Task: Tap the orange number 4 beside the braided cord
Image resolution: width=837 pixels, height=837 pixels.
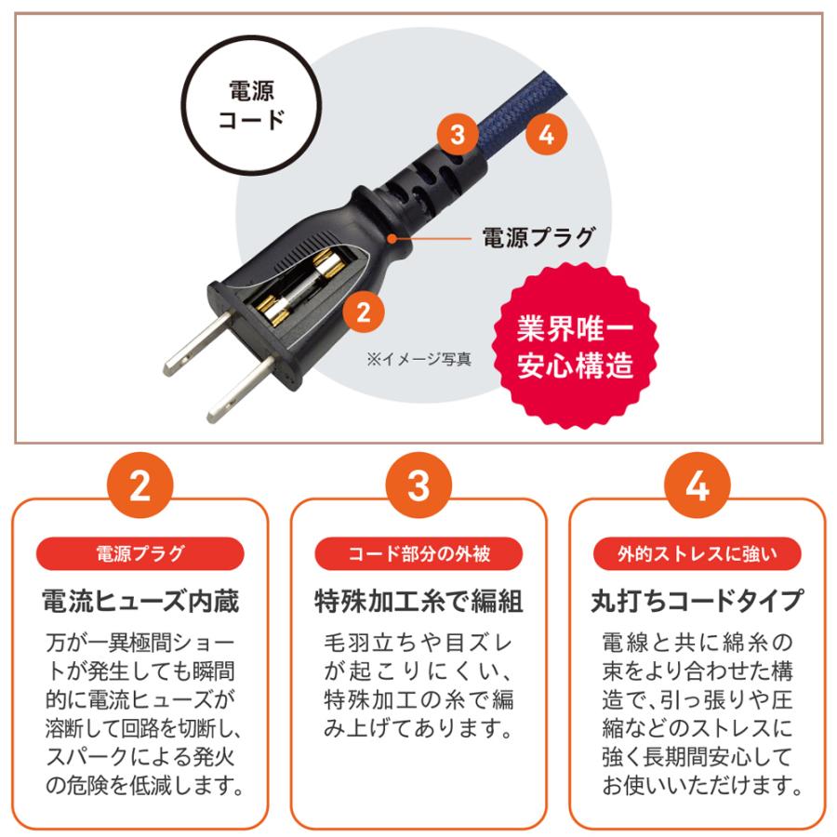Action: point(546,136)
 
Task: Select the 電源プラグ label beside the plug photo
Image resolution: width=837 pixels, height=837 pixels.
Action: point(537,237)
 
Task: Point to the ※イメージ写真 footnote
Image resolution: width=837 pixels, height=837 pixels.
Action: point(418,359)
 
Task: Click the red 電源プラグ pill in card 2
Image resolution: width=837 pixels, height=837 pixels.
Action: point(139,555)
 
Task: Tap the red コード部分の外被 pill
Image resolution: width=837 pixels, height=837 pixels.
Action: point(418,555)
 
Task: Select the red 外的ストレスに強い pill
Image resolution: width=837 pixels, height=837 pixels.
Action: point(697,555)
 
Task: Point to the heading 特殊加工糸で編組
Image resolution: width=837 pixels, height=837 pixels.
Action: point(418,601)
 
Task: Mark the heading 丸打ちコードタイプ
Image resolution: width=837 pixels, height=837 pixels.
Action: point(697,601)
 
